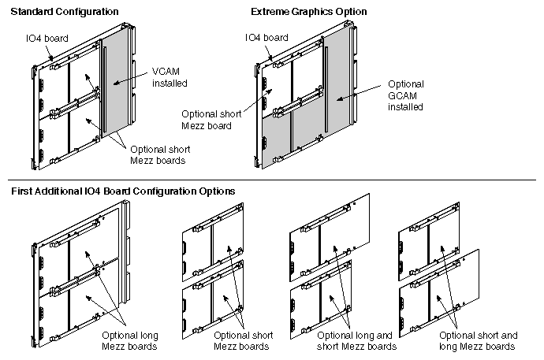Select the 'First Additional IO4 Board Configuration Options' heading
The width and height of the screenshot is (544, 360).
(x=122, y=191)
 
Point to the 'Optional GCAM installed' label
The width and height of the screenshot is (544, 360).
(x=407, y=95)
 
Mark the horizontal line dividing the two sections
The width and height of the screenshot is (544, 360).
(x=272, y=180)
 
